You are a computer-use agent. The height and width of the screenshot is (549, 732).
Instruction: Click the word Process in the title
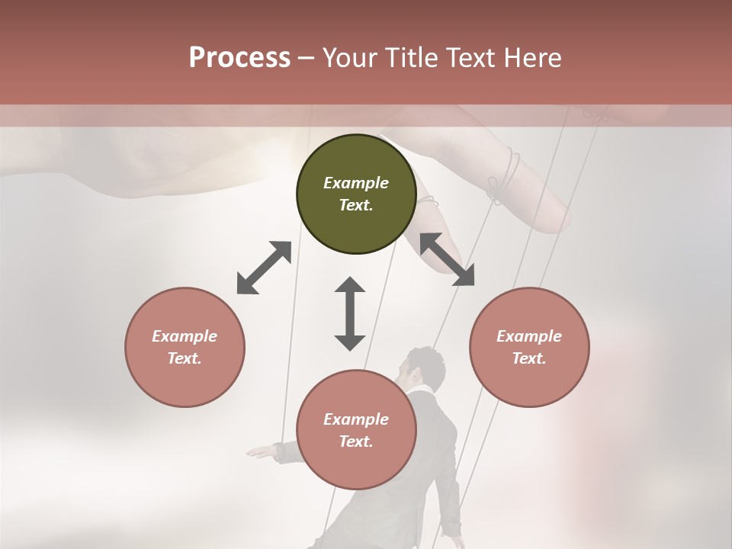(239, 58)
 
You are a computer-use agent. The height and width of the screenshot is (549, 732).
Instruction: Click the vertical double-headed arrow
(350, 313)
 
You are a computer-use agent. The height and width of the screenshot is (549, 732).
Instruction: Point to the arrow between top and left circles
(265, 268)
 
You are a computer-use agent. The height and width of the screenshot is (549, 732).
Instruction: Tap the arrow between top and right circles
(448, 259)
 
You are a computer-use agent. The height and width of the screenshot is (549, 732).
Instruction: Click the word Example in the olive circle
(356, 183)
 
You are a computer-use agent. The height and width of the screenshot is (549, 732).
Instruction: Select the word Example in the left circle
(185, 336)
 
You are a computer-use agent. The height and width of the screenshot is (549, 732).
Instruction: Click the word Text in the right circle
(529, 358)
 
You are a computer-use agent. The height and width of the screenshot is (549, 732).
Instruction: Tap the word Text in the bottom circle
(356, 441)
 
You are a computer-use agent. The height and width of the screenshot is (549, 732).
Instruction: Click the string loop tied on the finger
(505, 174)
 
